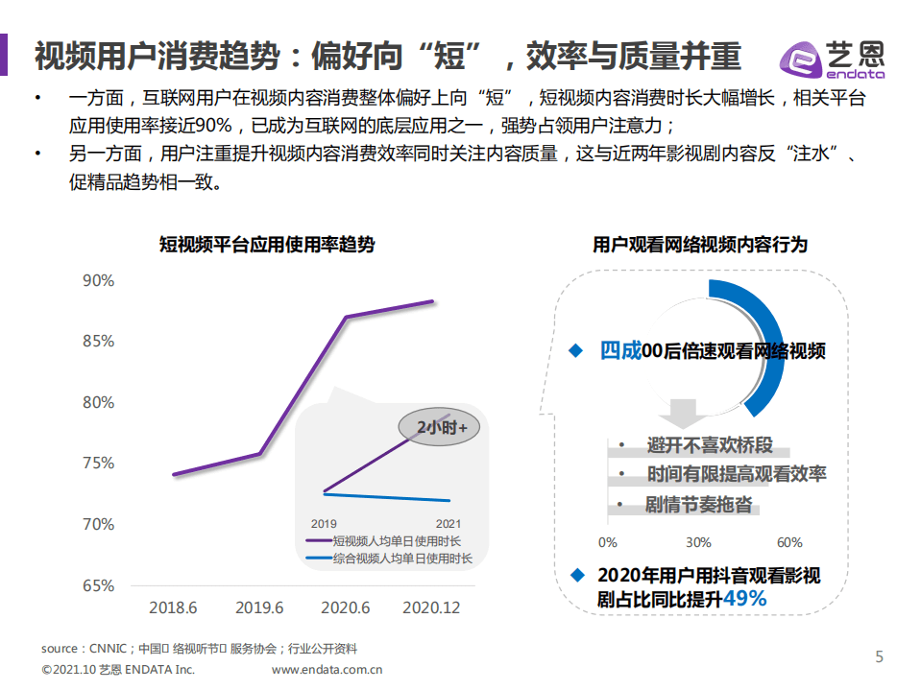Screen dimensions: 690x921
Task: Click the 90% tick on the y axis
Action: (x=98, y=280)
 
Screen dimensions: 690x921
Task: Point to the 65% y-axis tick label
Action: (x=98, y=585)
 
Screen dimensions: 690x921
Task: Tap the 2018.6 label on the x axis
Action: (x=173, y=607)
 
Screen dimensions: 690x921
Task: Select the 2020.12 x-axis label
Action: (x=431, y=607)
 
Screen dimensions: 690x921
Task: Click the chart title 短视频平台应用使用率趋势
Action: (x=267, y=245)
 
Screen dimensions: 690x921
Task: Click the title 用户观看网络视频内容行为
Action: (x=700, y=245)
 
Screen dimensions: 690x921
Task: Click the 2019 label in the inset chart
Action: (x=324, y=524)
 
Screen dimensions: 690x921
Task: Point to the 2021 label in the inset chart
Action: (x=448, y=524)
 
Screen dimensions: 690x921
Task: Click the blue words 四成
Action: (x=619, y=350)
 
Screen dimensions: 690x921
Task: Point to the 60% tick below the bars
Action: (x=788, y=543)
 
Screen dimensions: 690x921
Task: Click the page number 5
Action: (x=879, y=656)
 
